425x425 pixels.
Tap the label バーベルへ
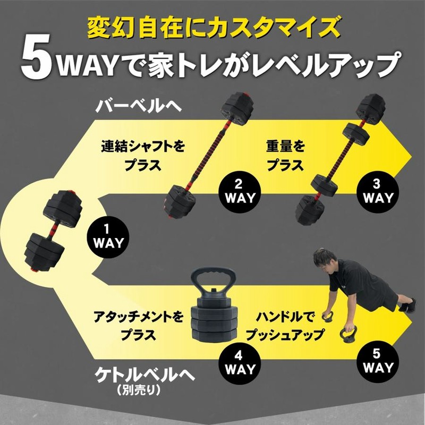pos(138,105)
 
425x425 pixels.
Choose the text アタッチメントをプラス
pos(138,326)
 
